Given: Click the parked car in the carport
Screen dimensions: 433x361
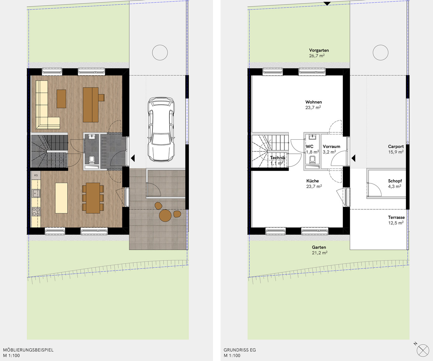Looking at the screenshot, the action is [161, 129].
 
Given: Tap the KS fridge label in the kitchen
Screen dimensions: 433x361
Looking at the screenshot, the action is [36, 175].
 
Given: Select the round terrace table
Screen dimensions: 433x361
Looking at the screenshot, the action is [165, 216].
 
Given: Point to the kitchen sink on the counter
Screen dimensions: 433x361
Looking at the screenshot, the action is [36, 193].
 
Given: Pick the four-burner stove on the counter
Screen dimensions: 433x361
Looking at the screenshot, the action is [36, 212].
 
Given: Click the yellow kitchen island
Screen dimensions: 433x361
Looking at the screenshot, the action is [61, 198].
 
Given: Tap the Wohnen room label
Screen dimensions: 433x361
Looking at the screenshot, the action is [313, 102].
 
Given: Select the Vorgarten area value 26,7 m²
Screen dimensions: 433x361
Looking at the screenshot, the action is [317, 55].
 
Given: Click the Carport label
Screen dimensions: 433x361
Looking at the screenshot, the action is [396, 146].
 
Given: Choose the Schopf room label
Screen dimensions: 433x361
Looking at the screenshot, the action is [395, 181].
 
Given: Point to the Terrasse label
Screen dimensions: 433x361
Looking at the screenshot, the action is [396, 217].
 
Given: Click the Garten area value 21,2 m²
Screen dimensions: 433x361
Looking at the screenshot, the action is [319, 253].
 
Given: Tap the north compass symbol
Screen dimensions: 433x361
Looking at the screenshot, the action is [423, 350].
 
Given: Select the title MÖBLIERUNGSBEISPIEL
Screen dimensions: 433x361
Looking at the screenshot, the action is [28, 350].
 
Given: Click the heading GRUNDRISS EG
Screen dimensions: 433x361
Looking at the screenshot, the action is [240, 350].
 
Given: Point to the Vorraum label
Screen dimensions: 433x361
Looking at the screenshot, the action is [331, 146].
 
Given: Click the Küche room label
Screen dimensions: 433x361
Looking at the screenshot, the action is [312, 181].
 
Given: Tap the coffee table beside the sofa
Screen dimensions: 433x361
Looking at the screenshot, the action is [61, 99].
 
